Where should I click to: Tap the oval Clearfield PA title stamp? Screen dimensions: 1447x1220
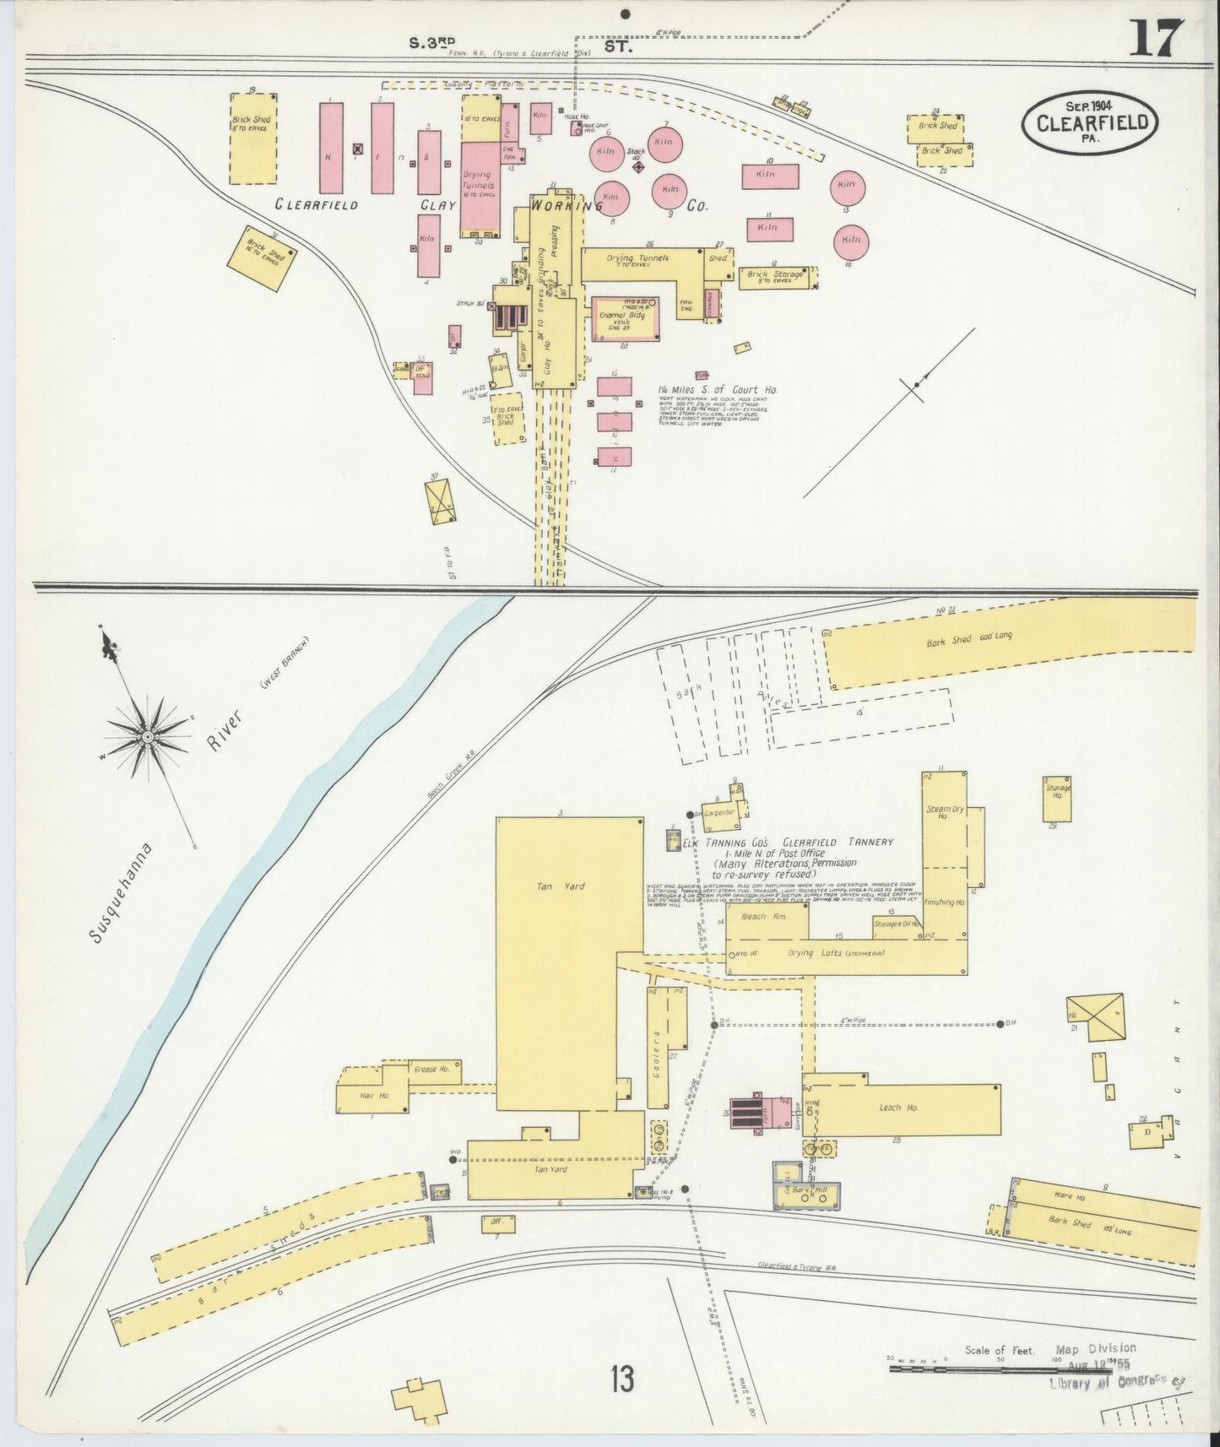(x=1089, y=121)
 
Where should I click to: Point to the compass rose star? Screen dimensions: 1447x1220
(x=148, y=736)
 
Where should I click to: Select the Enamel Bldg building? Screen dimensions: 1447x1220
(x=625, y=319)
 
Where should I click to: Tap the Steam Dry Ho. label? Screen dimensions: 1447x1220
(x=939, y=812)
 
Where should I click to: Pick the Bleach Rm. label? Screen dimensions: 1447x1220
(x=763, y=916)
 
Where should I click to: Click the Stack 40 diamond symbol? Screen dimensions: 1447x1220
(x=638, y=167)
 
